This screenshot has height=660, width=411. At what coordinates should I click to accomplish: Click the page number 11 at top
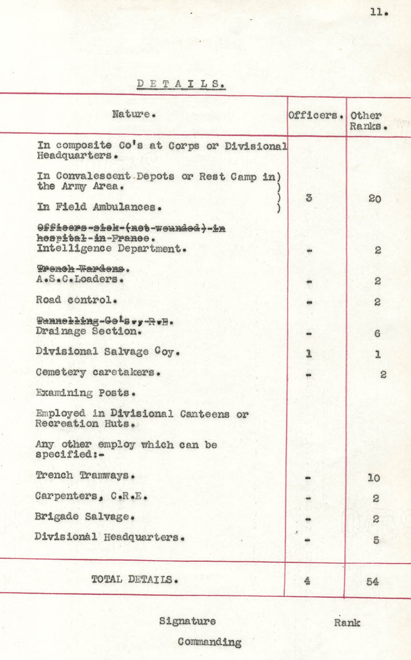(x=378, y=11)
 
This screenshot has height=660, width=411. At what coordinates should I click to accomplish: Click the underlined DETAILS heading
(x=181, y=84)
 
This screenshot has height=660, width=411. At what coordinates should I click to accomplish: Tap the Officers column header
(x=316, y=115)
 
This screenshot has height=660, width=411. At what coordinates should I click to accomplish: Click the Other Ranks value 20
(x=374, y=199)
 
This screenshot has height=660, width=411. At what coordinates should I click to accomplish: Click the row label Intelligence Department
(x=112, y=249)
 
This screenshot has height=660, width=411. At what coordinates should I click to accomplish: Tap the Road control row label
(x=76, y=300)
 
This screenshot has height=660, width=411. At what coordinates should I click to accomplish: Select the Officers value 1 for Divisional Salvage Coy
(x=308, y=354)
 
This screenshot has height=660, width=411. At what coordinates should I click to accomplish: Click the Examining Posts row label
(x=86, y=393)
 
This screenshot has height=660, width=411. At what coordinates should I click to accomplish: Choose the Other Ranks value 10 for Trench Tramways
(x=374, y=478)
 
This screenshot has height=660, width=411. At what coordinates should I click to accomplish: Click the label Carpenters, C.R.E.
(x=91, y=496)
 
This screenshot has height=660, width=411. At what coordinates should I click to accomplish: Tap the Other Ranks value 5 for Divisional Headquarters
(x=376, y=540)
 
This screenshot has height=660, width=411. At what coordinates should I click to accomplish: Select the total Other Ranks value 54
(x=373, y=581)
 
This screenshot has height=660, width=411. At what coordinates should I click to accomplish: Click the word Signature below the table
(x=187, y=621)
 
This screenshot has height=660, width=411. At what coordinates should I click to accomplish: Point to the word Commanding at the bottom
(x=209, y=642)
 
